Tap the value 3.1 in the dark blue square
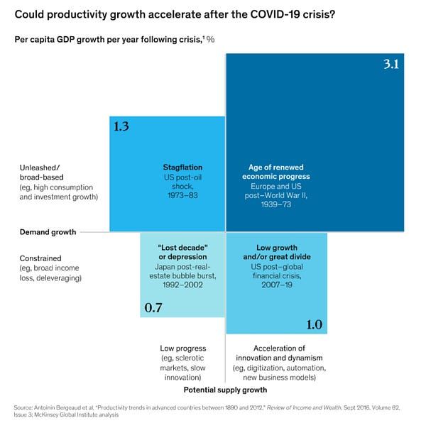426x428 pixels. [393, 65]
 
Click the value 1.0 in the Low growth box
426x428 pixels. [314, 324]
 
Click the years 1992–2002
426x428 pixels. [182, 284]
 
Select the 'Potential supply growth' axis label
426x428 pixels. [225, 390]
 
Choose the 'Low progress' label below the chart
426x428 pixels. [183, 349]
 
